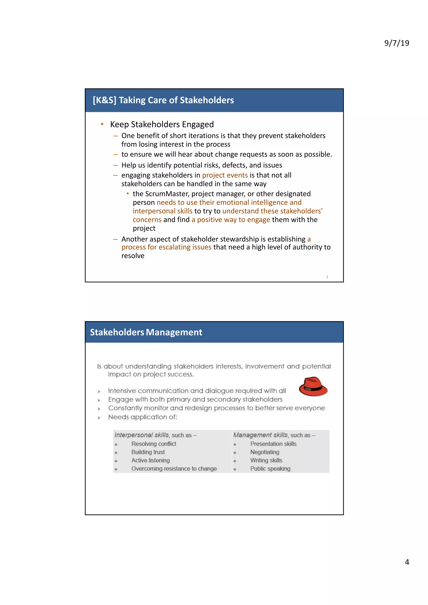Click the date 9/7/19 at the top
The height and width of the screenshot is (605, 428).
(396, 43)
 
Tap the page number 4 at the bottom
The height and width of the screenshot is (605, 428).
(407, 562)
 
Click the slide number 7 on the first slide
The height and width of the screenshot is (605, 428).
(327, 277)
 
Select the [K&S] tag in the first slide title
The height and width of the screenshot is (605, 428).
(104, 100)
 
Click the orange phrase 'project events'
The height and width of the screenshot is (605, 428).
(225, 175)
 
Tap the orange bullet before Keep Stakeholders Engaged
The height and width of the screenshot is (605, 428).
(102, 124)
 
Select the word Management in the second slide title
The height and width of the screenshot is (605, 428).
(174, 332)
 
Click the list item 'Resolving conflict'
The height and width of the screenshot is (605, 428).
(153, 444)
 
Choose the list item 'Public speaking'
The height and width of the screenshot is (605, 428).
(270, 468)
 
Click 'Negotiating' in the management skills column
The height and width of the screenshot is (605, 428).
(265, 452)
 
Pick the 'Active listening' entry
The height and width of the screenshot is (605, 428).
(150, 460)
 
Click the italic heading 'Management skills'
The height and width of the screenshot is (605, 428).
(260, 435)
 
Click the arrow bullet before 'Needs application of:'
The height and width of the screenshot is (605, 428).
(99, 418)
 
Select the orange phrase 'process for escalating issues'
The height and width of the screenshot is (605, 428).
(166, 247)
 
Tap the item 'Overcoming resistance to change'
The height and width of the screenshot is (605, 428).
(174, 468)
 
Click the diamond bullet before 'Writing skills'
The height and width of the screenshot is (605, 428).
(235, 461)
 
